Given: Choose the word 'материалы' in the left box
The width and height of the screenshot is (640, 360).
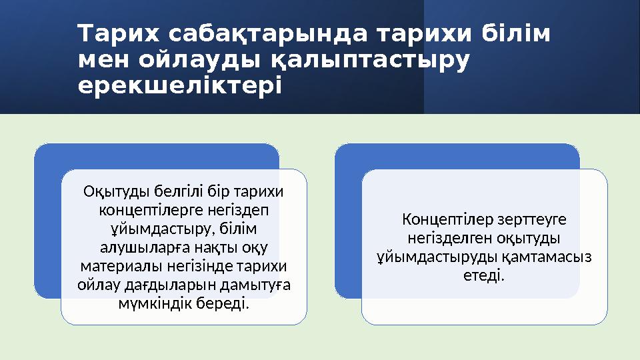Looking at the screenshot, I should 112,267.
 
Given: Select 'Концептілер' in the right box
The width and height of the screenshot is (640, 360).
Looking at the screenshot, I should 440,219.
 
